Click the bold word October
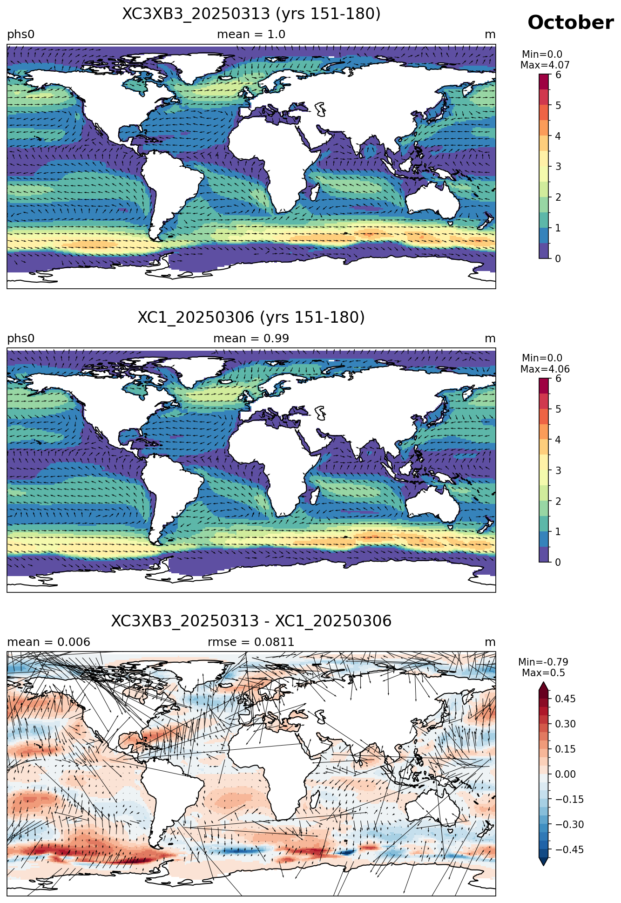[570, 22]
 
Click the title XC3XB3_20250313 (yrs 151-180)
[251, 14]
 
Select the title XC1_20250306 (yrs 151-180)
[251, 318]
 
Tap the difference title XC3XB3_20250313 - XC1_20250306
[251, 621]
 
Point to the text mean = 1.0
[251, 34]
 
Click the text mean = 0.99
[251, 339]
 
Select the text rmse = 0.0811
[251, 642]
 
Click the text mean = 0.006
[48, 642]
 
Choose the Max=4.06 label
[545, 369]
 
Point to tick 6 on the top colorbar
[558, 75]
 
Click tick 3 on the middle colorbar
[558, 470]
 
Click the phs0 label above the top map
[21, 34]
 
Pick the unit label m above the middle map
[490, 339]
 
